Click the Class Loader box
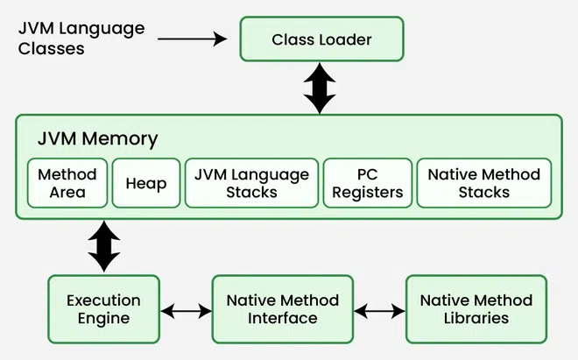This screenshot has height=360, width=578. click(321, 39)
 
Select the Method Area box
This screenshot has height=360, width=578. click(67, 182)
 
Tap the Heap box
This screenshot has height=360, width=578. click(146, 182)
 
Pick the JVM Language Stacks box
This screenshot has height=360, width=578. click(251, 182)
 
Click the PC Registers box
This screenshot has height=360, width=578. click(367, 182)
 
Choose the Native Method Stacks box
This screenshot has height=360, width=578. click(483, 182)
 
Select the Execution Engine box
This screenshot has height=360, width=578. click(104, 308)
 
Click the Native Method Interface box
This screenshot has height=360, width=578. click(282, 308)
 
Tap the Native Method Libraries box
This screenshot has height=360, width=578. click(476, 308)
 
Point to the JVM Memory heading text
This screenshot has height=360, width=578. click(97, 138)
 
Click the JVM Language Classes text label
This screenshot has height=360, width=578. click(81, 39)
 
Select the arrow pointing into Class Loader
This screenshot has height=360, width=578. click(194, 39)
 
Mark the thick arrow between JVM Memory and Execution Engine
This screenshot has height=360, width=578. click(104, 246)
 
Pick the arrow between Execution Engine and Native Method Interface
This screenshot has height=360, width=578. click(187, 310)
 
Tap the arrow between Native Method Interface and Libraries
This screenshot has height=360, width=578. click(379, 310)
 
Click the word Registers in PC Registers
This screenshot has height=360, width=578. click(367, 192)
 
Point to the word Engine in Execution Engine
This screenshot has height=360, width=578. click(104, 318)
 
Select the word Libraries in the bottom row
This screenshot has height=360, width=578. click(476, 318)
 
